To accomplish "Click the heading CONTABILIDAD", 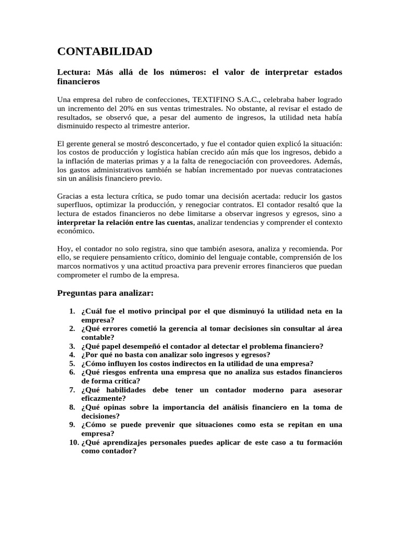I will (x=105, y=51).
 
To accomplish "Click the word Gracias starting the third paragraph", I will (x=70, y=196).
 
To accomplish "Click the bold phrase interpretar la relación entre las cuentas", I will (x=125, y=223).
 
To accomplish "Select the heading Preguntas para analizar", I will (x=105, y=293).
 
